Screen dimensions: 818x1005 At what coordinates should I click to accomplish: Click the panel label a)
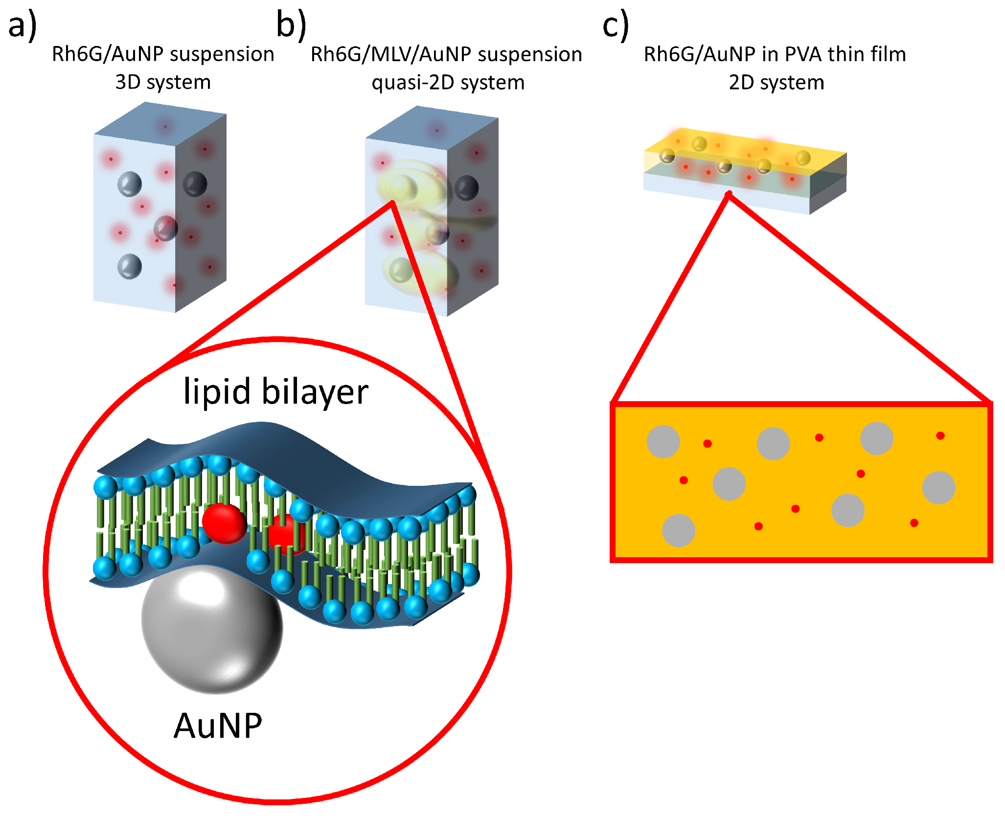coord(22,25)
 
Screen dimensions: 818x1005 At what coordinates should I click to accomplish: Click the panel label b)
coord(291,25)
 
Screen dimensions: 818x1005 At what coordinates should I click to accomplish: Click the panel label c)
coord(615,25)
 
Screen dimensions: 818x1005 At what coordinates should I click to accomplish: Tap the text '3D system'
coord(163,82)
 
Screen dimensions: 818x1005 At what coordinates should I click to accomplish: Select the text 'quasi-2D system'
coord(448,82)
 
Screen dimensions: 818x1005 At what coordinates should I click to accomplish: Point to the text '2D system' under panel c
coord(776,82)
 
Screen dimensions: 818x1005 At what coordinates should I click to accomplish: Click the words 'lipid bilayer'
coord(275,391)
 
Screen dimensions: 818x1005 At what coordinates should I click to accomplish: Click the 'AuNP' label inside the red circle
coord(218,726)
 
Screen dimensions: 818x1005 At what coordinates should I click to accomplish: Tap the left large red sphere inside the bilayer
coord(224,523)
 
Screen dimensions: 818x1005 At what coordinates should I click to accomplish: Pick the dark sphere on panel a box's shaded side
coord(195,184)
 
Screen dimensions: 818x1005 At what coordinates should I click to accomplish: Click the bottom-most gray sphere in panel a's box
coord(130,267)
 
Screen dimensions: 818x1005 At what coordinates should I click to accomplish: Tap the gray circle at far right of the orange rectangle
coord(938,488)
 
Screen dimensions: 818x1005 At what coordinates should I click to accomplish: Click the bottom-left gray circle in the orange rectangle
coord(678,530)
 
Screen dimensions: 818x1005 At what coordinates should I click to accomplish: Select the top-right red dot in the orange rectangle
coord(940,435)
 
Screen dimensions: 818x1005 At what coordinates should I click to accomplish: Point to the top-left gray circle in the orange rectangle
coord(663,442)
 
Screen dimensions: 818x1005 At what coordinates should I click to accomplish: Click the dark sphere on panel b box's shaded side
coord(466,188)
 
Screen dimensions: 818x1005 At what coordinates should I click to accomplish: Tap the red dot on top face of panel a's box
coord(165,126)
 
